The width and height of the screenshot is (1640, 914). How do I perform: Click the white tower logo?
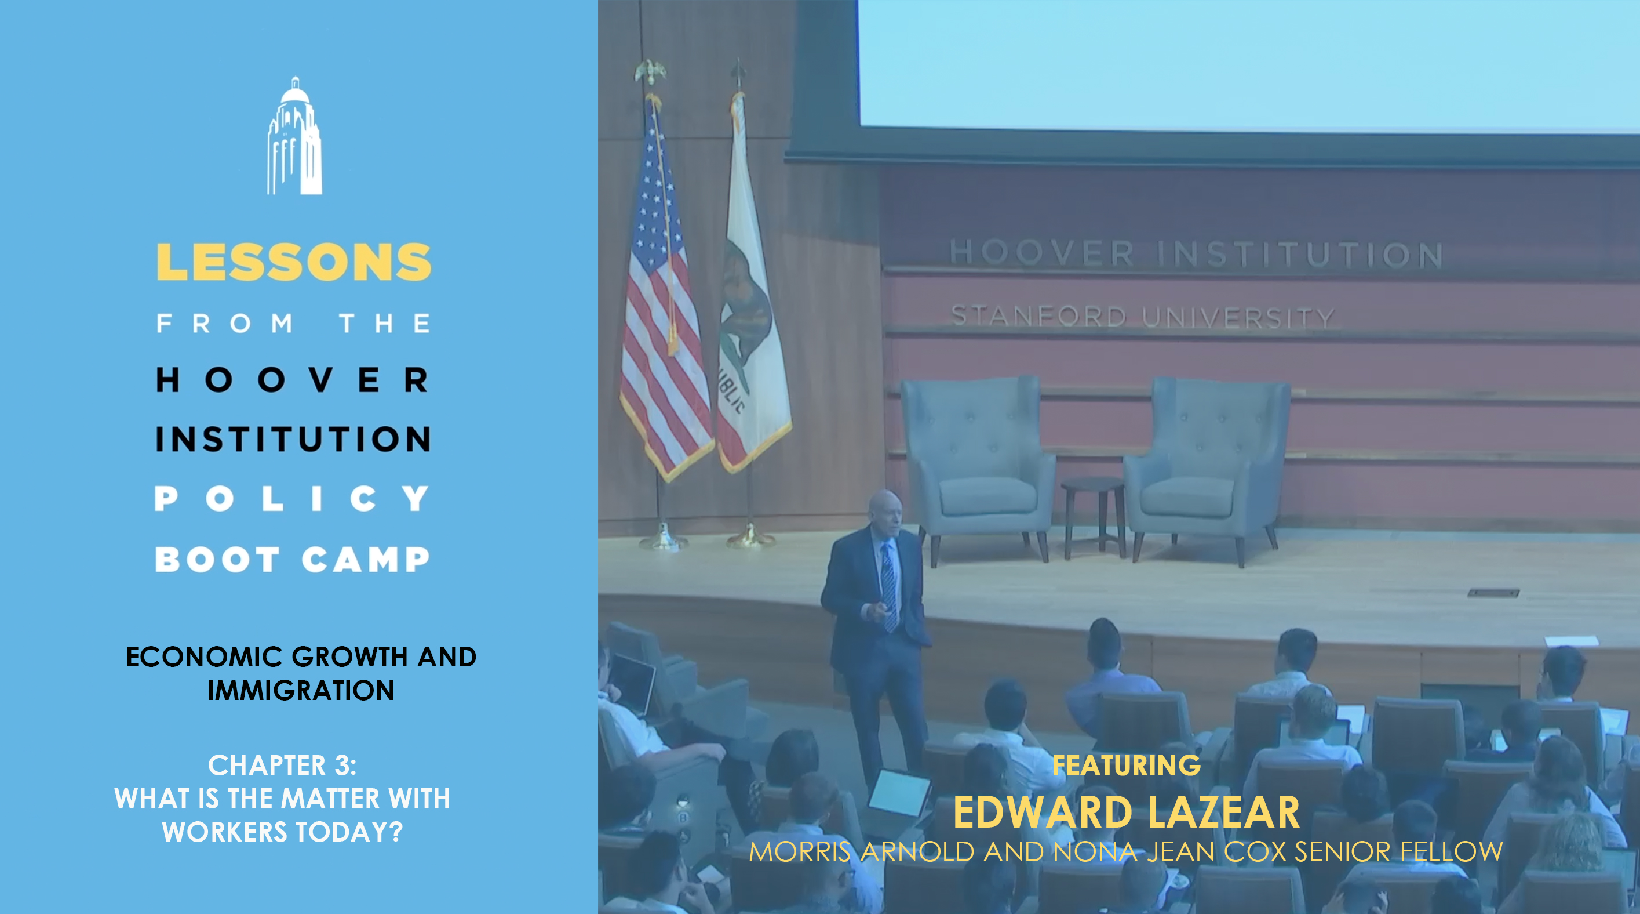(294, 136)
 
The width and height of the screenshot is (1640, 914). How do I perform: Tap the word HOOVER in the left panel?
(292, 380)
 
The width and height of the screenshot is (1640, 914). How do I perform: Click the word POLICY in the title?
(292, 498)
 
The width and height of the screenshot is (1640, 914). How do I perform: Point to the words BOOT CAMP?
(292, 559)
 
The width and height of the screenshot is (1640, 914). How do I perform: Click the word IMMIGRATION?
(301, 691)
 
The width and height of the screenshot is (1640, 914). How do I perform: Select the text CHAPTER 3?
(283, 765)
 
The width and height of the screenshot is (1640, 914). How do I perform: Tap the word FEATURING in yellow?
(1126, 765)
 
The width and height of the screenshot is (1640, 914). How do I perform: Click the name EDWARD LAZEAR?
(1126, 812)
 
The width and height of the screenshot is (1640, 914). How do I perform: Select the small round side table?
(1092, 516)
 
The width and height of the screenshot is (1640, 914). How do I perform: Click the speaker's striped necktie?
(889, 586)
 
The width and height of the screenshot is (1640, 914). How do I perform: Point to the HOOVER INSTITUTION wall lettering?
(1195, 253)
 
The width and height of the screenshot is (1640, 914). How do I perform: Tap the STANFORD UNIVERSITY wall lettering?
(1143, 317)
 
